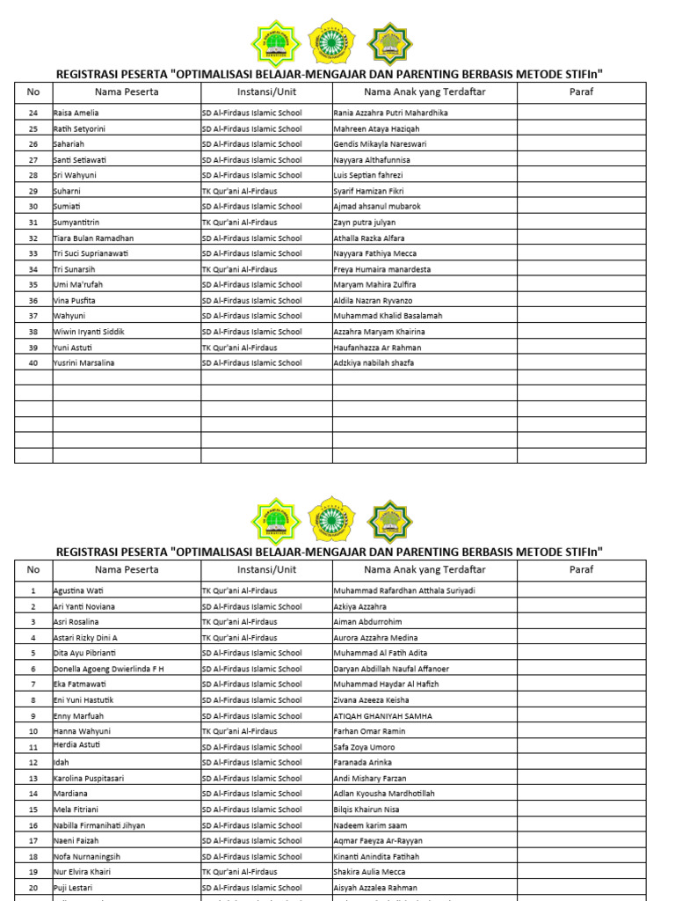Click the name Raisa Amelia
76,113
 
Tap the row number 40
33,363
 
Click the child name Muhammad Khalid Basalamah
388,316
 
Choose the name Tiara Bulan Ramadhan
94,238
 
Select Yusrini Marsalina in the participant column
84,363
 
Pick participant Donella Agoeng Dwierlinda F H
109,669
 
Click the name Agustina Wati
79,590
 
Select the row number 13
33,779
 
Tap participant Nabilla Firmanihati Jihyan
99,825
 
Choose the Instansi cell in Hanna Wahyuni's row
239,731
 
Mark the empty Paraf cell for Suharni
581,191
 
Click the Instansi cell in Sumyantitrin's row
239,223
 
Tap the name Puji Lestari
73,888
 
